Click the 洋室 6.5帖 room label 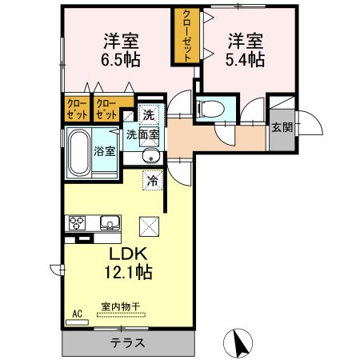[121, 49]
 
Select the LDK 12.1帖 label [127, 263]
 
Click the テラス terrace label [129, 342]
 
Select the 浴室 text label [104, 150]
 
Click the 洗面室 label [142, 135]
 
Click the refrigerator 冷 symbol [151, 181]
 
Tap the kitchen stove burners [78, 222]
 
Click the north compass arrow [238, 342]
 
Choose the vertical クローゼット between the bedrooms [186, 34]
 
